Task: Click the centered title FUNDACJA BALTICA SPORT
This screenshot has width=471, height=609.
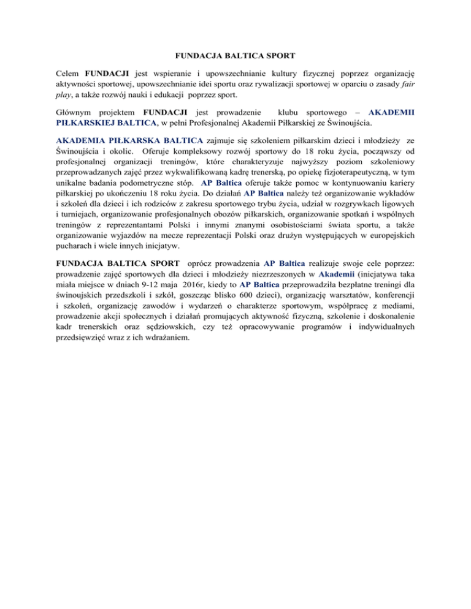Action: tap(235, 55)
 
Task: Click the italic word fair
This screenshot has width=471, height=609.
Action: tap(407, 84)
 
